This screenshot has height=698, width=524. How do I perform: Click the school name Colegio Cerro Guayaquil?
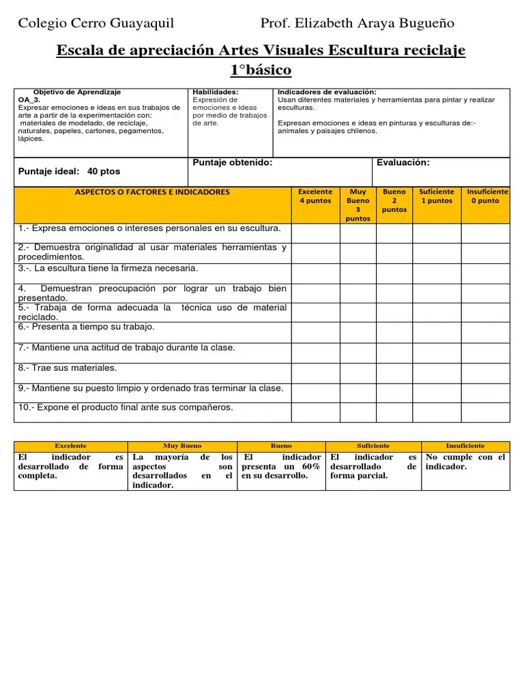[x=96, y=24]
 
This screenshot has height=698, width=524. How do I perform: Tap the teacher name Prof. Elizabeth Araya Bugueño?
[x=357, y=24]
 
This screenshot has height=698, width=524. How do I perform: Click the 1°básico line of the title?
[x=261, y=70]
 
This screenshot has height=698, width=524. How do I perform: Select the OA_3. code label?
[x=29, y=99]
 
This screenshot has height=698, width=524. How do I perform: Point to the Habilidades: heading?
[x=216, y=92]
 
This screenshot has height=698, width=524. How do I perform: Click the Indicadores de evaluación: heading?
[x=327, y=92]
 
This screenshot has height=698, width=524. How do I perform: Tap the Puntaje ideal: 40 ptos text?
[x=69, y=171]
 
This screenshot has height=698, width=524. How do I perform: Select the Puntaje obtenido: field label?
[x=233, y=163]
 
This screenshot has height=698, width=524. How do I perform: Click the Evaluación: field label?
[x=403, y=163]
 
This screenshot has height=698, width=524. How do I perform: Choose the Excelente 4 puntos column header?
[x=315, y=196]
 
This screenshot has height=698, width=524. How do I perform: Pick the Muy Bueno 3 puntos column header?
[x=358, y=205]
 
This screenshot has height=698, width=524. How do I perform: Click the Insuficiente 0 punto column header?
[x=485, y=196]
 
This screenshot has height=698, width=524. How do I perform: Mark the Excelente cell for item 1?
[x=315, y=232]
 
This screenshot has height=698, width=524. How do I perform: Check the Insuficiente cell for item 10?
[x=485, y=412]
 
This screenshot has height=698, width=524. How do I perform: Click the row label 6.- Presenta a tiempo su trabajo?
[x=87, y=327]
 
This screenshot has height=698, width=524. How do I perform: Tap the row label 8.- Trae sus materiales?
[x=68, y=368]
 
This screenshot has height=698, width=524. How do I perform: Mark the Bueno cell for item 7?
[x=394, y=352]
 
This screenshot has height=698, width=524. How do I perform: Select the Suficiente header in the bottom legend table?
[x=373, y=446]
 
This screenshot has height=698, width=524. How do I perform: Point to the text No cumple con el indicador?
[x=465, y=461]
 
